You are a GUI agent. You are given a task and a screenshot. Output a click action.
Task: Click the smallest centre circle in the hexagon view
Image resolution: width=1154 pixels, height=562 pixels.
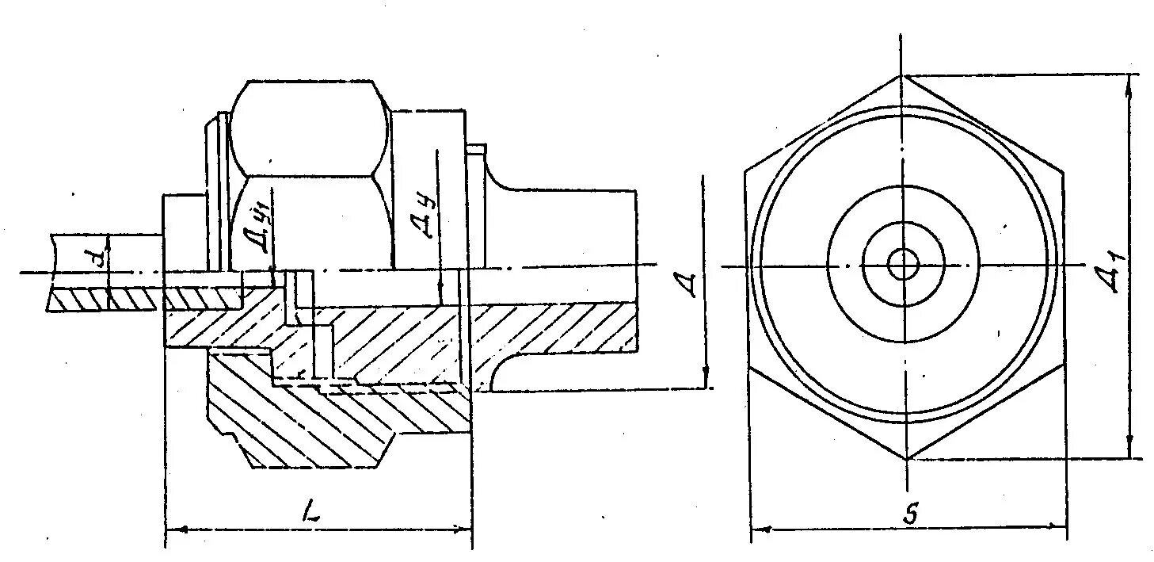pos(903,265)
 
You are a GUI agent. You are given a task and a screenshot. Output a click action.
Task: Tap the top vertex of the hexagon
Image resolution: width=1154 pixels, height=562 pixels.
pos(903,76)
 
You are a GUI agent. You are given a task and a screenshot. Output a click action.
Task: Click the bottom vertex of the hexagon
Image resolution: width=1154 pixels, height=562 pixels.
pos(906,458)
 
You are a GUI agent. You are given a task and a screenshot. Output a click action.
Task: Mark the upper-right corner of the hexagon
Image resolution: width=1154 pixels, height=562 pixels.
pos(1061,169)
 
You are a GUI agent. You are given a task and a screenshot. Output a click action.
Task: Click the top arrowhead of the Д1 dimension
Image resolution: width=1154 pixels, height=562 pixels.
pos(1129,80)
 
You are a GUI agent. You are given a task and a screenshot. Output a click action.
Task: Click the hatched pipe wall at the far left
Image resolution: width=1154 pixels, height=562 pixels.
pos(103,299)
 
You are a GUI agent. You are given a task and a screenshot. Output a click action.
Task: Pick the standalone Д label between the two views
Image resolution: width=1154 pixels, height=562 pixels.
pos(691,283)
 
